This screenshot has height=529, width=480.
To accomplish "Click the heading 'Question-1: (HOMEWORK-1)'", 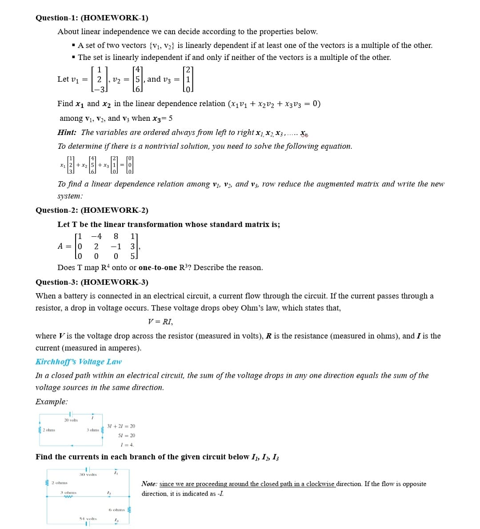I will (x=92, y=18).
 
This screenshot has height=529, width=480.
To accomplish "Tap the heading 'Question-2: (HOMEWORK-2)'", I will (x=92, y=211).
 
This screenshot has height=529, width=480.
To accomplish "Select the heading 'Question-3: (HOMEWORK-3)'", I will (x=92, y=282).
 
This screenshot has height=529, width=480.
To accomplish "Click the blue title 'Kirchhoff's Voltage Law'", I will (x=78, y=362).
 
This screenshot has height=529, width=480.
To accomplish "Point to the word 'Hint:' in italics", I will (x=67, y=133).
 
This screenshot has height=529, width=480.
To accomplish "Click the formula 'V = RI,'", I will (x=160, y=322).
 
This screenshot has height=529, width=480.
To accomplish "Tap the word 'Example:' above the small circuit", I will (x=52, y=402).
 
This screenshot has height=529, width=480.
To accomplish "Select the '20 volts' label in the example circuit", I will (x=71, y=420).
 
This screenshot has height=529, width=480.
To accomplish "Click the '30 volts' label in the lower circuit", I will (x=88, y=475).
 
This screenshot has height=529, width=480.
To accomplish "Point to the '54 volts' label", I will (x=88, y=518).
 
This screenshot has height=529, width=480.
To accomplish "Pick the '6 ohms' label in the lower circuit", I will (x=117, y=510).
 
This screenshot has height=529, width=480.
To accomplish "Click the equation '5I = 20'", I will (x=127, y=436).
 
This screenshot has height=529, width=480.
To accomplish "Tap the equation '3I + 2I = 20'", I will (x=121, y=426).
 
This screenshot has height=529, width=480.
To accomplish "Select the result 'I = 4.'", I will (x=127, y=445).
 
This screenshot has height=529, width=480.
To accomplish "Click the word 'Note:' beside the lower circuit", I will (x=149, y=484).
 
